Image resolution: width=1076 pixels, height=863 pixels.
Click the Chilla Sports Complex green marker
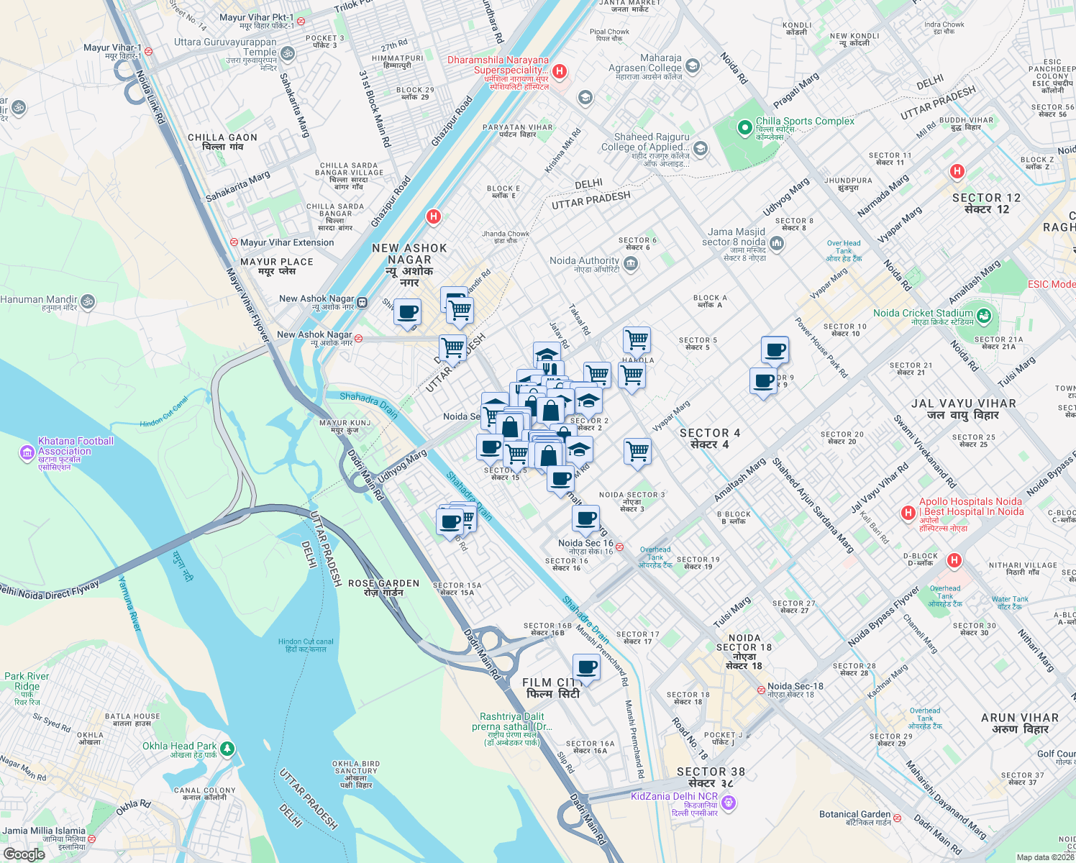pyautogui.click(x=745, y=128)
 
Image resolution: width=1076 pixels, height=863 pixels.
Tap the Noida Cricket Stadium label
pyautogui.click(x=923, y=314)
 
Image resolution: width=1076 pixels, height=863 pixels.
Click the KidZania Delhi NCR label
pyautogui.click(x=674, y=797)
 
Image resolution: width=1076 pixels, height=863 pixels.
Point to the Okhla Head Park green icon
pyautogui.click(x=227, y=749)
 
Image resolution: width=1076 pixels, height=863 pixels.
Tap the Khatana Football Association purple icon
pyautogui.click(x=27, y=452)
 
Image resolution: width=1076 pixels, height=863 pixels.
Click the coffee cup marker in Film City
pyautogui.click(x=586, y=667)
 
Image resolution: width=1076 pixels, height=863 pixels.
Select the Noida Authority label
pyautogui.click(x=584, y=261)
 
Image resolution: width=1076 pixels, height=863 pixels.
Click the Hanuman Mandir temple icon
pyautogui.click(x=88, y=301)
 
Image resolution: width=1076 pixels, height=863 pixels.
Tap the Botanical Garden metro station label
pyautogui.click(x=854, y=815)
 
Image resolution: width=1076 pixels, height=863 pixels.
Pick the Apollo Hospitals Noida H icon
pyautogui.click(x=908, y=513)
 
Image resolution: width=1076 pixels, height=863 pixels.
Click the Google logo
pyautogui.click(x=24, y=854)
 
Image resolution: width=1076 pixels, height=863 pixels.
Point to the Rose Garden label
pyautogui.click(x=383, y=584)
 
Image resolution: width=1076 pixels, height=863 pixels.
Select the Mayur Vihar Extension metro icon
pyautogui.click(x=234, y=243)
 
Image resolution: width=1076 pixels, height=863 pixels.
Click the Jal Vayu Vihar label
pyautogui.click(x=963, y=404)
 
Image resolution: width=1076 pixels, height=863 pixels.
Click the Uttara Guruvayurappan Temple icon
pyautogui.click(x=287, y=53)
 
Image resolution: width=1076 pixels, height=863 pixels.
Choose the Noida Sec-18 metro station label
pyautogui.click(x=795, y=687)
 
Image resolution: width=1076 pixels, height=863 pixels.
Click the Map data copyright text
pyautogui.click(x=1045, y=857)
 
